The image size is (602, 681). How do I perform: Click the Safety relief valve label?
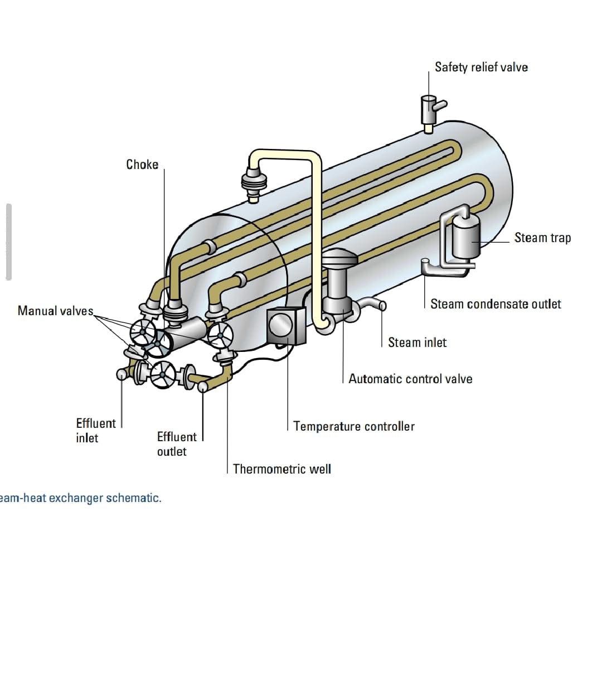click(481, 67)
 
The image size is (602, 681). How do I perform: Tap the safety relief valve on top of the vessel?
click(429, 109)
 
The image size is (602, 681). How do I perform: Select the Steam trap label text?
click(542, 238)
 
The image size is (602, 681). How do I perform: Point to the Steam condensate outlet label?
click(496, 304)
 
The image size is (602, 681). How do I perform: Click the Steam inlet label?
click(417, 342)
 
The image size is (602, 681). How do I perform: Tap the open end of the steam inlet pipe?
click(382, 305)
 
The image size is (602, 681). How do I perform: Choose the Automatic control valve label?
click(410, 379)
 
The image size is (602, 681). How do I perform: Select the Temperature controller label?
click(354, 427)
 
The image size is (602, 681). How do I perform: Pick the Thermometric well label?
click(281, 469)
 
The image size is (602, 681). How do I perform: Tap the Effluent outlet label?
click(177, 444)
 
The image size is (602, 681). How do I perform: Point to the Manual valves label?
click(55, 311)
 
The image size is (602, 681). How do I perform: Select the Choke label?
click(142, 165)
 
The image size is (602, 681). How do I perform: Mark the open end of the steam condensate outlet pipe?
click(425, 260)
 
